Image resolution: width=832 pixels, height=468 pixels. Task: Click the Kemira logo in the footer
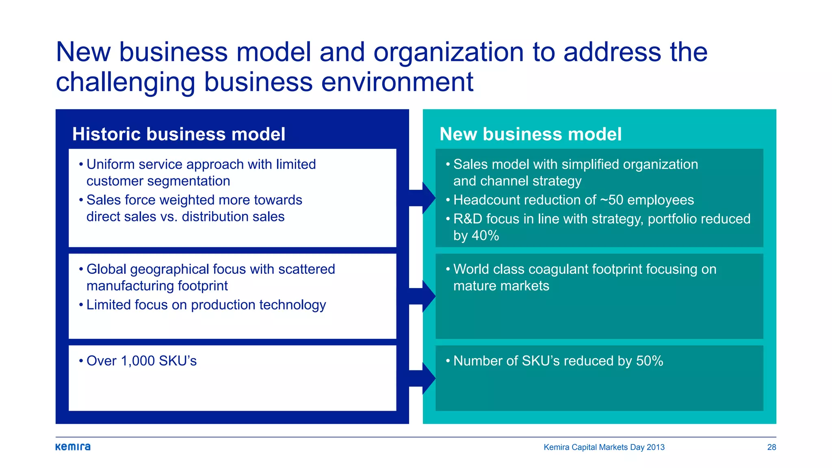point(73,447)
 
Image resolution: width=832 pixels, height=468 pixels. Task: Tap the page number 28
point(771,447)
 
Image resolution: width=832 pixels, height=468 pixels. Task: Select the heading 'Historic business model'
point(179,134)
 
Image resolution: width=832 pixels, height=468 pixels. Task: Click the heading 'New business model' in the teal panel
point(531,134)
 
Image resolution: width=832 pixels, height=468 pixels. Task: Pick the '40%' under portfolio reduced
point(485,236)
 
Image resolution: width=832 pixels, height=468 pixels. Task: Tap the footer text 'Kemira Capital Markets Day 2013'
point(604,447)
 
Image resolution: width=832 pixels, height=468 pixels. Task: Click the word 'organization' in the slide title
point(448,52)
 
